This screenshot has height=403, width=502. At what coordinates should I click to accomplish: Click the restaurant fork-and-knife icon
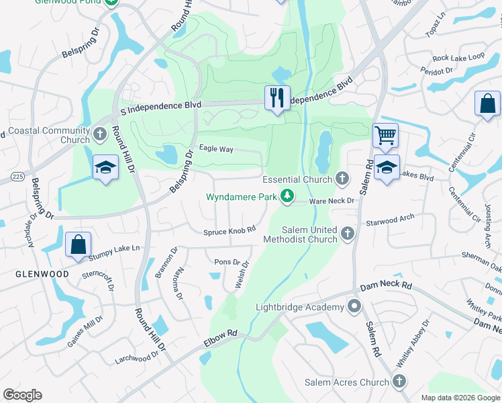click(x=277, y=97)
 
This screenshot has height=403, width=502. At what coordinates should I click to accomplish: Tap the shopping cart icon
click(x=385, y=136)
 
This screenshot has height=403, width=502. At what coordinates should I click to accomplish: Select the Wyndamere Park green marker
click(x=287, y=196)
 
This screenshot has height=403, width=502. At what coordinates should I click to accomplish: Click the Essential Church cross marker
click(x=342, y=179)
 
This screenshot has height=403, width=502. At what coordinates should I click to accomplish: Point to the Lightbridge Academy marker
click(x=354, y=308)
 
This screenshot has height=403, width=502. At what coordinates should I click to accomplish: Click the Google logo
click(x=22, y=395)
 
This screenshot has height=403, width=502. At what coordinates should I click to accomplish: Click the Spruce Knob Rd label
click(x=230, y=231)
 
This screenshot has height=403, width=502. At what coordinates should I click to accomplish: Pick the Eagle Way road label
click(x=215, y=149)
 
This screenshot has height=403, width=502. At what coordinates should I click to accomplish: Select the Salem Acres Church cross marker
click(x=399, y=382)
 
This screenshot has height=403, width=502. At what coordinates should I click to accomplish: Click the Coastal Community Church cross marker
click(x=100, y=134)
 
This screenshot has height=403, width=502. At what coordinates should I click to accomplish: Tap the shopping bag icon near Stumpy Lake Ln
click(x=78, y=245)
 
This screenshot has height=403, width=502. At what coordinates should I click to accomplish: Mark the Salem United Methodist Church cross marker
click(x=347, y=234)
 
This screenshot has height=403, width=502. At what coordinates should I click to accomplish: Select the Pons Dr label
click(x=226, y=262)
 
